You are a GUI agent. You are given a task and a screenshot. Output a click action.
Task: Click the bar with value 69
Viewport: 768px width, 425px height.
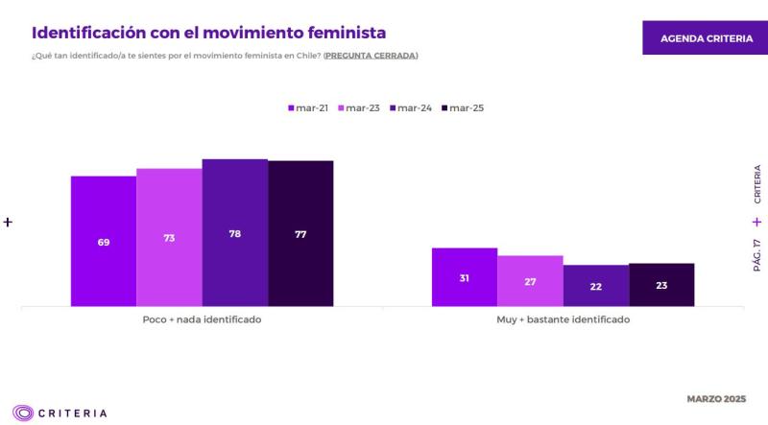[104, 241]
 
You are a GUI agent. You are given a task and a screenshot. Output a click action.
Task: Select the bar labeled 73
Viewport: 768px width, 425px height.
[169, 237]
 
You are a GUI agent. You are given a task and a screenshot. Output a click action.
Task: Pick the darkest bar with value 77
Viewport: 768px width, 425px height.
[300, 233]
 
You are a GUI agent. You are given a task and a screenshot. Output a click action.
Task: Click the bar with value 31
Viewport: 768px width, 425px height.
[465, 277]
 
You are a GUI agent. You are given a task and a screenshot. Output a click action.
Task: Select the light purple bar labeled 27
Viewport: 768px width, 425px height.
[530, 281]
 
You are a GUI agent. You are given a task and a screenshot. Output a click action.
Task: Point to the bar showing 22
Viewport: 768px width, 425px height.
[596, 286]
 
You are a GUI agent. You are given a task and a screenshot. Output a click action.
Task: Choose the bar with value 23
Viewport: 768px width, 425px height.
[661, 285]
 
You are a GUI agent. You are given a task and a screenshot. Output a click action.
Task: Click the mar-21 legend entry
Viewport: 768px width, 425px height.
[308, 108]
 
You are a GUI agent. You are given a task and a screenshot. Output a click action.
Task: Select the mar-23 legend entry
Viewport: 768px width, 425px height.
[359, 108]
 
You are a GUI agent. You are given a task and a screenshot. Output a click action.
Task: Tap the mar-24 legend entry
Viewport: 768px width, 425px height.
[411, 108]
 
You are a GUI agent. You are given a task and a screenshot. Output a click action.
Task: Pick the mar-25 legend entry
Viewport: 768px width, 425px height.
[463, 108]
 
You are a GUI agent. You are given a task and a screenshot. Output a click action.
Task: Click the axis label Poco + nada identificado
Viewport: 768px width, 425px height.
[202, 319]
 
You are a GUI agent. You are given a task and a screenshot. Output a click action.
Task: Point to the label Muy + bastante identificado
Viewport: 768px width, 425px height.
[564, 319]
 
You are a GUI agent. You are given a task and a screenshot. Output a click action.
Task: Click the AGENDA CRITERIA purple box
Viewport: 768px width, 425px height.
[706, 38]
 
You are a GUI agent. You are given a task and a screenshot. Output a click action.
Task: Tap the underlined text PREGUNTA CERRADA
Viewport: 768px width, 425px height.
[371, 56]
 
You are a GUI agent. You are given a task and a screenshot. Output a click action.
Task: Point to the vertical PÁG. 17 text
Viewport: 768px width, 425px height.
[756, 255]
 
